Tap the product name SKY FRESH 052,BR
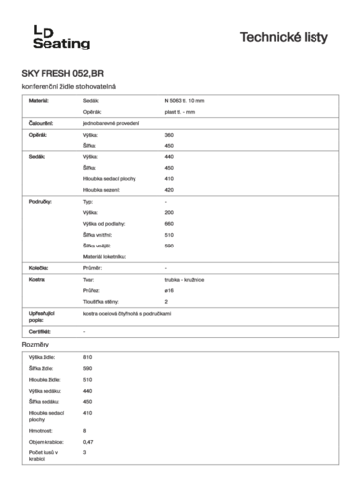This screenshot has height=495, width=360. coord(61,74)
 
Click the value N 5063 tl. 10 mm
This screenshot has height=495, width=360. coord(185,101)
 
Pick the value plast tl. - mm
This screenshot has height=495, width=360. coord(179,112)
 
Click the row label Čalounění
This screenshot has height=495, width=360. coord(42,123)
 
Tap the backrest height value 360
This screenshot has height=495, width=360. coord(169,134)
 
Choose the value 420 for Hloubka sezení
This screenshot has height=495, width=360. coord(169,189)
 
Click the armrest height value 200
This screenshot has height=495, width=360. coord(169,212)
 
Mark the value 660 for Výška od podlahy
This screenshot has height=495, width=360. coord(169,223)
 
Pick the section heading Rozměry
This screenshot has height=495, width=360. coord(36,344)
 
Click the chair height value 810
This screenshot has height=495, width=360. coord(88,356)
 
